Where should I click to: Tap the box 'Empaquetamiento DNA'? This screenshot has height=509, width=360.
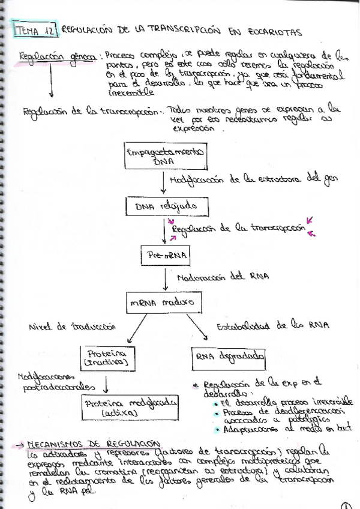(166, 157)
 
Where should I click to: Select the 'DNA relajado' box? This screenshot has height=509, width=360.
(166, 207)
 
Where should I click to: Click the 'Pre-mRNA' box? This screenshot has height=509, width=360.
(166, 256)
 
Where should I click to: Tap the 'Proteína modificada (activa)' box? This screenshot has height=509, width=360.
(130, 408)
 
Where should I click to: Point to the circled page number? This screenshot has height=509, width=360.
(346, 504)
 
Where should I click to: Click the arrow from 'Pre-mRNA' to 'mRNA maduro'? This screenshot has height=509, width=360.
(166, 279)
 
